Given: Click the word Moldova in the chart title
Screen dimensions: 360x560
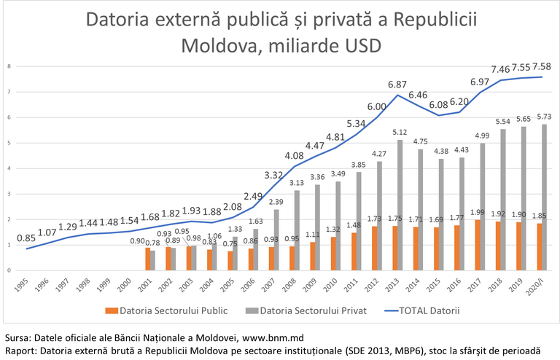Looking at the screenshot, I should [x=218, y=44].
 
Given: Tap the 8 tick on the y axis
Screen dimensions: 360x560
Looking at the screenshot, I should [x=9, y=66].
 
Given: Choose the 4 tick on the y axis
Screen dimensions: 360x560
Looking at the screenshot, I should [x=9, y=168].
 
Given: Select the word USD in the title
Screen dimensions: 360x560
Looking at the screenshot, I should [x=354, y=44].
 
